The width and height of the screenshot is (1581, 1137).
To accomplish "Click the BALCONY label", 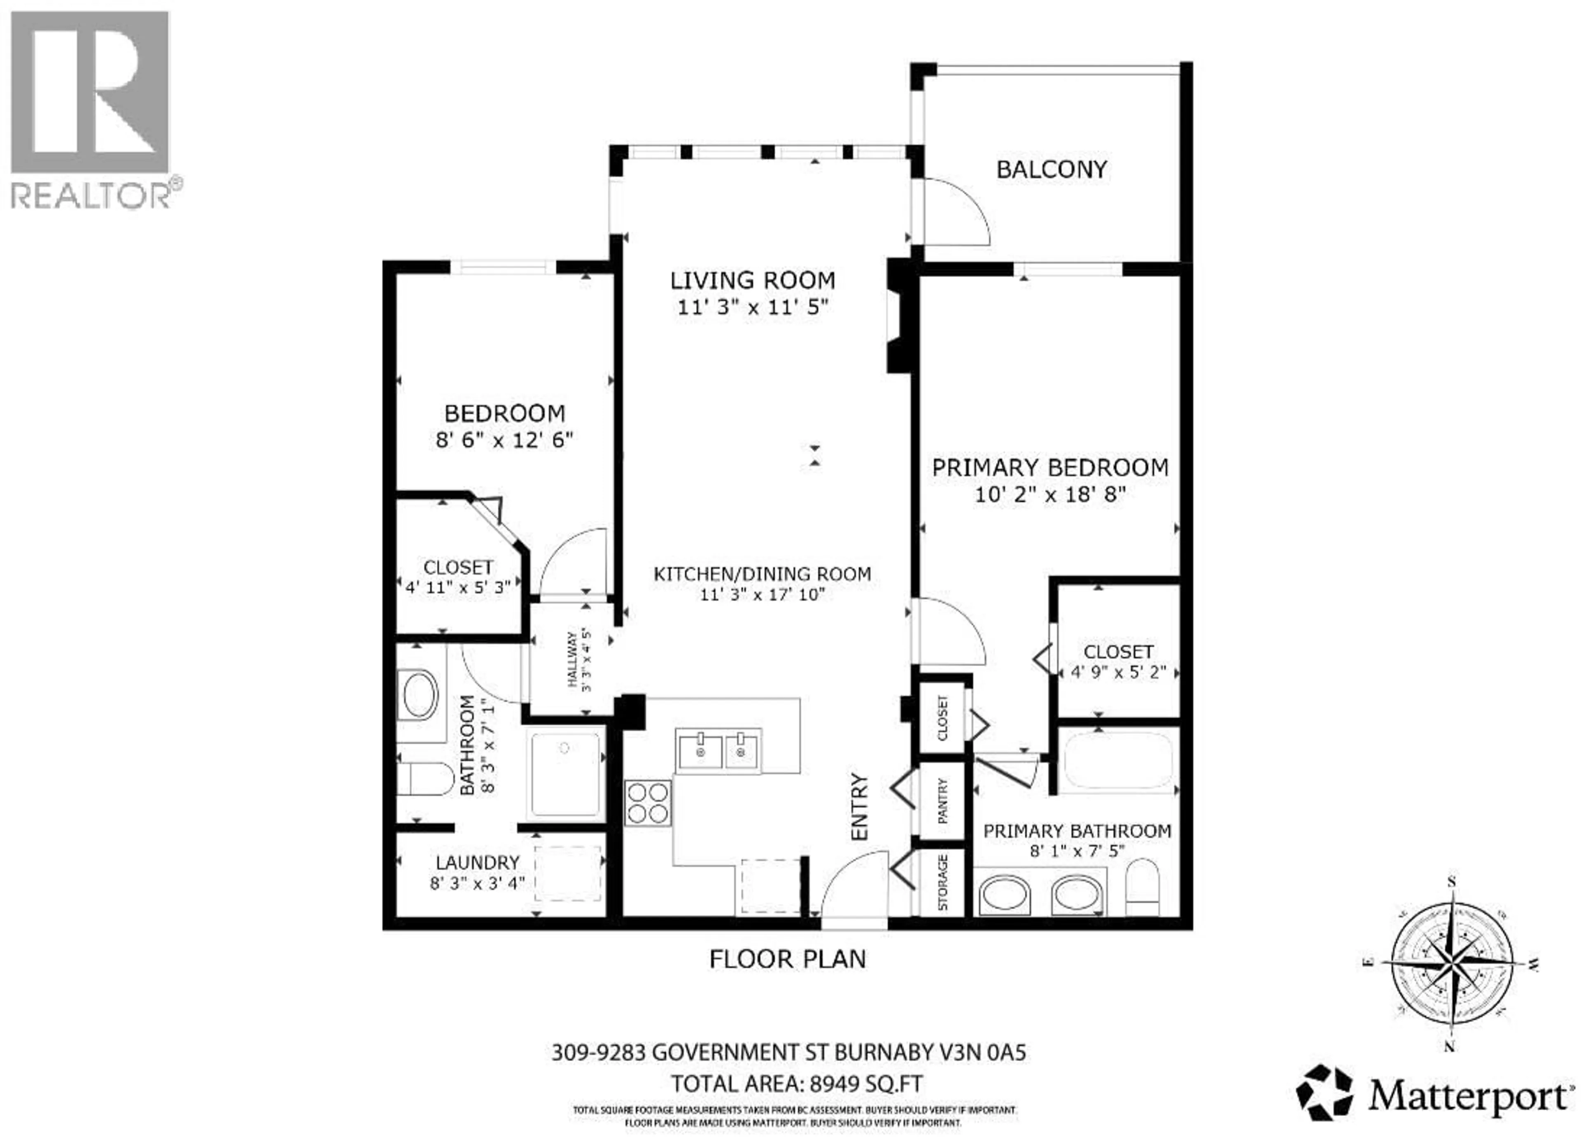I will [x=1051, y=169].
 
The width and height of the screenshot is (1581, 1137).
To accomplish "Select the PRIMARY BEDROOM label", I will [x=1050, y=467].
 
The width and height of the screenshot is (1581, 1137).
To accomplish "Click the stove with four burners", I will [x=648, y=803].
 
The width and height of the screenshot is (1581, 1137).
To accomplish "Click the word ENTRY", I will [x=860, y=807].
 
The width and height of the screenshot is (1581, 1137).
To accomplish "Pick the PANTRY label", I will [x=942, y=801].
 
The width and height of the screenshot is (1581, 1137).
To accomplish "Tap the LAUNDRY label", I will [x=478, y=863].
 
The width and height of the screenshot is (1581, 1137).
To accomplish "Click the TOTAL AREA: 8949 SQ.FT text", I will [x=796, y=1084].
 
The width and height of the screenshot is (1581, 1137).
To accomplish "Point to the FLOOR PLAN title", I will [x=787, y=959].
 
